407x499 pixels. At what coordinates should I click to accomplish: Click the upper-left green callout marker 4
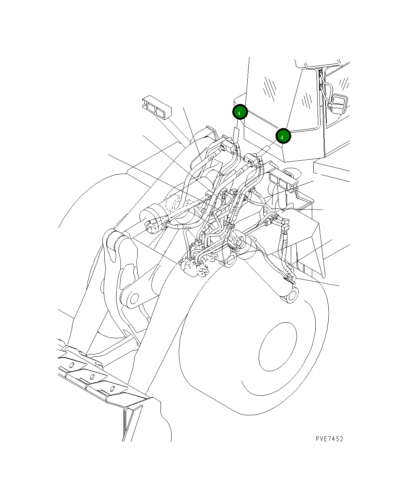click(x=240, y=112)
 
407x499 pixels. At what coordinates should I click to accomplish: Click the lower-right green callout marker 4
click(x=283, y=136)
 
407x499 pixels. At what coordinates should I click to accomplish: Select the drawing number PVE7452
click(x=329, y=439)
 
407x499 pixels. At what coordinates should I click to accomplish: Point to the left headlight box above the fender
click(x=156, y=108)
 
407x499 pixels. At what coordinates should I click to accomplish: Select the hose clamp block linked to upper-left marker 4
click(x=230, y=146)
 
